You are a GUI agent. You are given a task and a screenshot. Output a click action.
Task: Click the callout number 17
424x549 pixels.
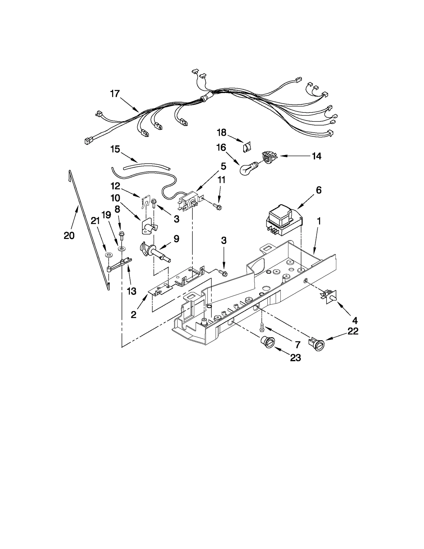[x=115, y=94]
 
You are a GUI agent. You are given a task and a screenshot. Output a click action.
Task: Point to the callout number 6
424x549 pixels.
[x=319, y=190]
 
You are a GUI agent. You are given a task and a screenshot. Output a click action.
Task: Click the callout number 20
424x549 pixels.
[x=69, y=235]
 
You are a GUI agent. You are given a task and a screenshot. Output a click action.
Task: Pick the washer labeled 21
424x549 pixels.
[x=108, y=255]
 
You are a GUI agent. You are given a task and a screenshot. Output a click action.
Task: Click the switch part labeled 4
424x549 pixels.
[x=330, y=296]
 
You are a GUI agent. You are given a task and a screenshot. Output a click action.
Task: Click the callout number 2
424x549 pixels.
[x=134, y=315]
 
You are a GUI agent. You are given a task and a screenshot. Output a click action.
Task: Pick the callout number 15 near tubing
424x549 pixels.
[x=115, y=149]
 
